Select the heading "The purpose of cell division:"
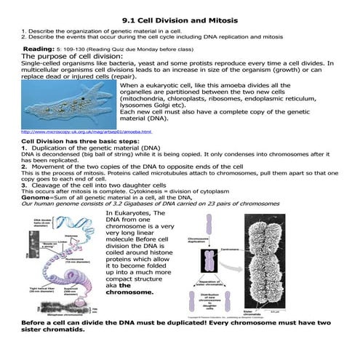pyautogui.click(x=73, y=55)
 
